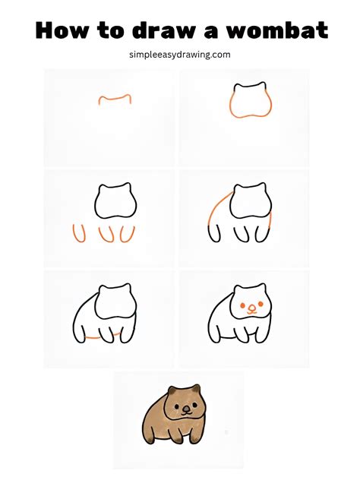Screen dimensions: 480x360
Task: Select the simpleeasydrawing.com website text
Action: pyautogui.click(x=180, y=55)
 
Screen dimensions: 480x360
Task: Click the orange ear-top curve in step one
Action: pyautogui.click(x=115, y=97)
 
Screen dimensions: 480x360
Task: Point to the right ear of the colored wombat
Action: pyautogui.click(x=197, y=388)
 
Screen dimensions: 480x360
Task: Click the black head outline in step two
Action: pyautogui.click(x=250, y=85)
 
